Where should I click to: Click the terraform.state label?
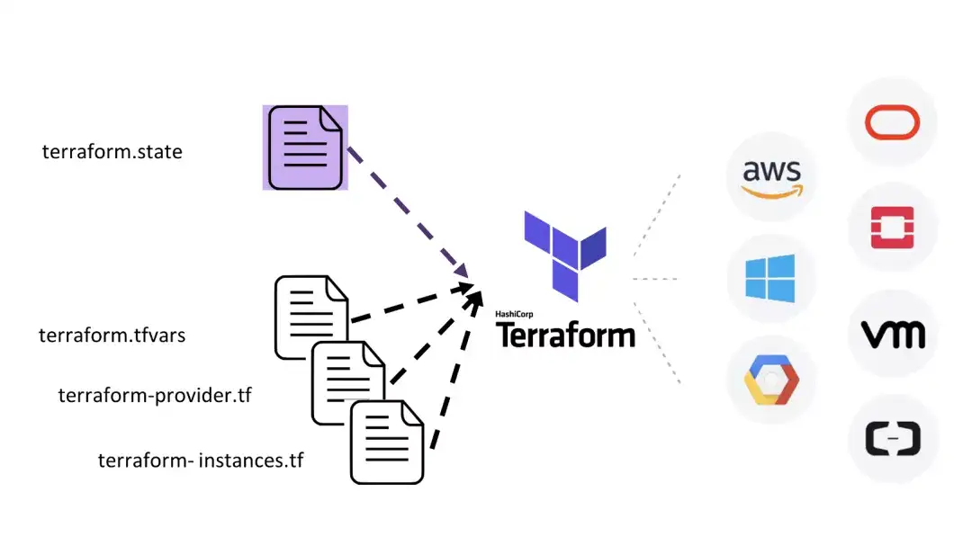[x=112, y=152]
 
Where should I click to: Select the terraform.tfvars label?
[x=112, y=336]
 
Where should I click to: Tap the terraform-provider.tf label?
[x=154, y=395]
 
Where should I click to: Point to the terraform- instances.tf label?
[x=201, y=461]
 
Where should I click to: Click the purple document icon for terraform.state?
[x=305, y=148]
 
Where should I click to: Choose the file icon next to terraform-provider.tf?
[x=348, y=379]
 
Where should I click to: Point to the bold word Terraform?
[x=566, y=336]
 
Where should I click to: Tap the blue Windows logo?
[x=770, y=278]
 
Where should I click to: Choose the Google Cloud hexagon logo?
[x=770, y=379]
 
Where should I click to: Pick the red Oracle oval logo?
[x=891, y=122]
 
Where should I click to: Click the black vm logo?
[x=892, y=335]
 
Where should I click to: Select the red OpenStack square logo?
[x=892, y=228]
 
